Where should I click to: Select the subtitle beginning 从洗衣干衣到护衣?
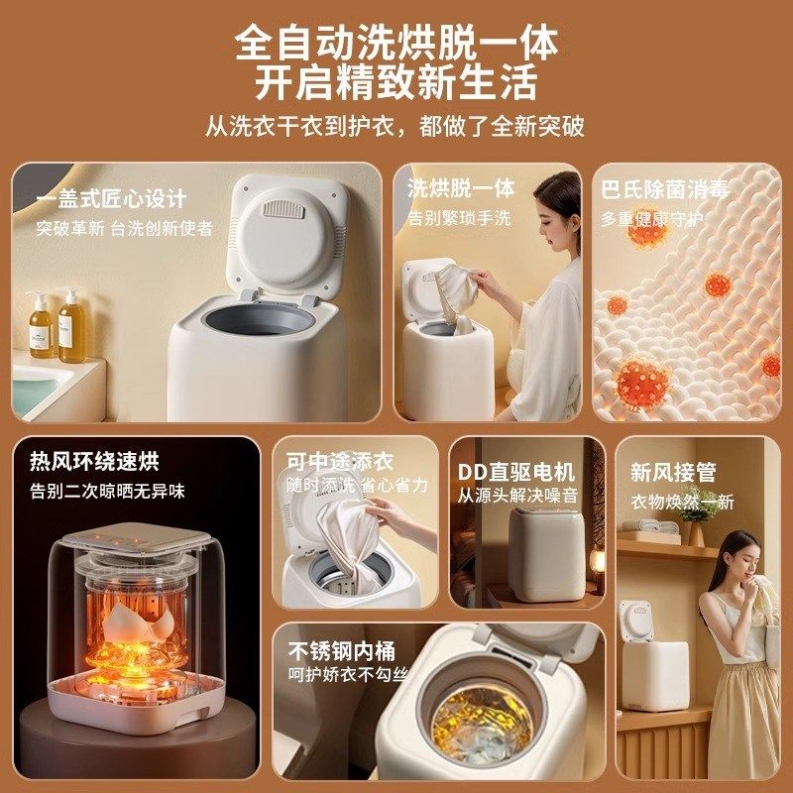point(396,127)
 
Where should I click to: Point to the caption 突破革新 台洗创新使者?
point(125,228)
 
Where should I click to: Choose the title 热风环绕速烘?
point(94,461)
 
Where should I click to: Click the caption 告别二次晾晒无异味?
point(107,490)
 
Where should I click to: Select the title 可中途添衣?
point(340,461)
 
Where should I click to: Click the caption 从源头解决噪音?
point(516,495)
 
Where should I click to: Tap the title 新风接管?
point(673,473)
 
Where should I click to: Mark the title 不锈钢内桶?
point(341,650)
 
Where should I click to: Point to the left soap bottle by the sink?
point(41,327)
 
